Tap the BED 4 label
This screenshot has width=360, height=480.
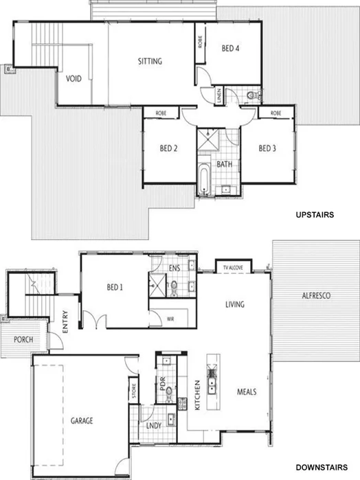click(230, 49)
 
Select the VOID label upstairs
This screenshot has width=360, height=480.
click(74, 79)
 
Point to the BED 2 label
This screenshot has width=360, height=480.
click(169, 148)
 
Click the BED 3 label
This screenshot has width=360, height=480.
click(267, 148)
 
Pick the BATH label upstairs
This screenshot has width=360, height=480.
click(224, 165)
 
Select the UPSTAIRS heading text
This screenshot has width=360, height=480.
click(314, 215)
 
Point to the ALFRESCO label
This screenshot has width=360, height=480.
click(317, 295)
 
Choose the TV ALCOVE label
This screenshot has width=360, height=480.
click(234, 267)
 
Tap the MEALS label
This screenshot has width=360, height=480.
click(247, 391)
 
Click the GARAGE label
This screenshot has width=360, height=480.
click(81, 420)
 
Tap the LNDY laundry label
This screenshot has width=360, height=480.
click(153, 425)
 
